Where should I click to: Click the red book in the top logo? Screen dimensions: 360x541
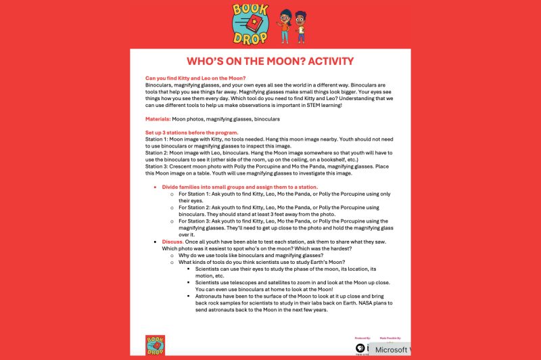(251, 24)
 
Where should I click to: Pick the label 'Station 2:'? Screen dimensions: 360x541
(158, 152)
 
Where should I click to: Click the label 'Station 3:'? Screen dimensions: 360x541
(158, 166)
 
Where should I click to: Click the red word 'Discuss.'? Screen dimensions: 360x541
(172, 242)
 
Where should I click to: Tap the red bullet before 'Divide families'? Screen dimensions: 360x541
(155, 187)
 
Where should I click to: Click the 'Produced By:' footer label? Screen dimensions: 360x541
(362, 337)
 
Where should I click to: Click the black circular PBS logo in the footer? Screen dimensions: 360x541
(360, 348)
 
